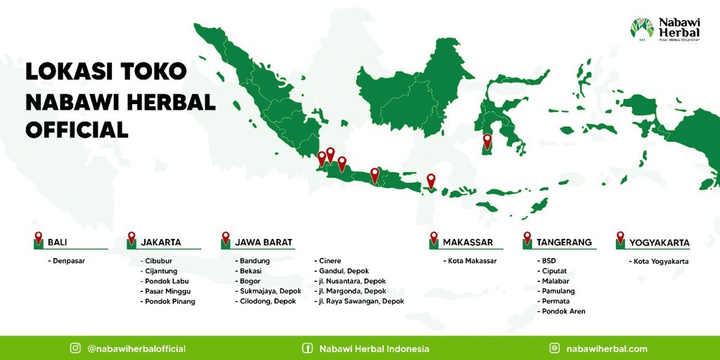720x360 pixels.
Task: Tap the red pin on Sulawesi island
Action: (x=487, y=141)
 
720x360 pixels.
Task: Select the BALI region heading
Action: (x=57, y=243)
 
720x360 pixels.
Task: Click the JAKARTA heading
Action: (x=161, y=243)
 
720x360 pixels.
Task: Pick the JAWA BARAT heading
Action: (x=263, y=243)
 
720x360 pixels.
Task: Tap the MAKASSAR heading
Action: (x=468, y=243)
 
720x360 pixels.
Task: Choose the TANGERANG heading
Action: (x=564, y=243)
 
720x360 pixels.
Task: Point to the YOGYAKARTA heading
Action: (x=659, y=243)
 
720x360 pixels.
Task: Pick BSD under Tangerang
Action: (x=548, y=261)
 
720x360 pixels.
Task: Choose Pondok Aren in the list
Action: (x=563, y=311)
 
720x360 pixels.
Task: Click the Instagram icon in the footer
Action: (x=75, y=348)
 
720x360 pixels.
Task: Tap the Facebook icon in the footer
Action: (x=307, y=348)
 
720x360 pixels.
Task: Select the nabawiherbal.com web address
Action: (x=607, y=349)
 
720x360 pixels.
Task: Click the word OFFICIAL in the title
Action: (x=77, y=129)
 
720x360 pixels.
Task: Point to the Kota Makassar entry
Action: (x=471, y=261)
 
